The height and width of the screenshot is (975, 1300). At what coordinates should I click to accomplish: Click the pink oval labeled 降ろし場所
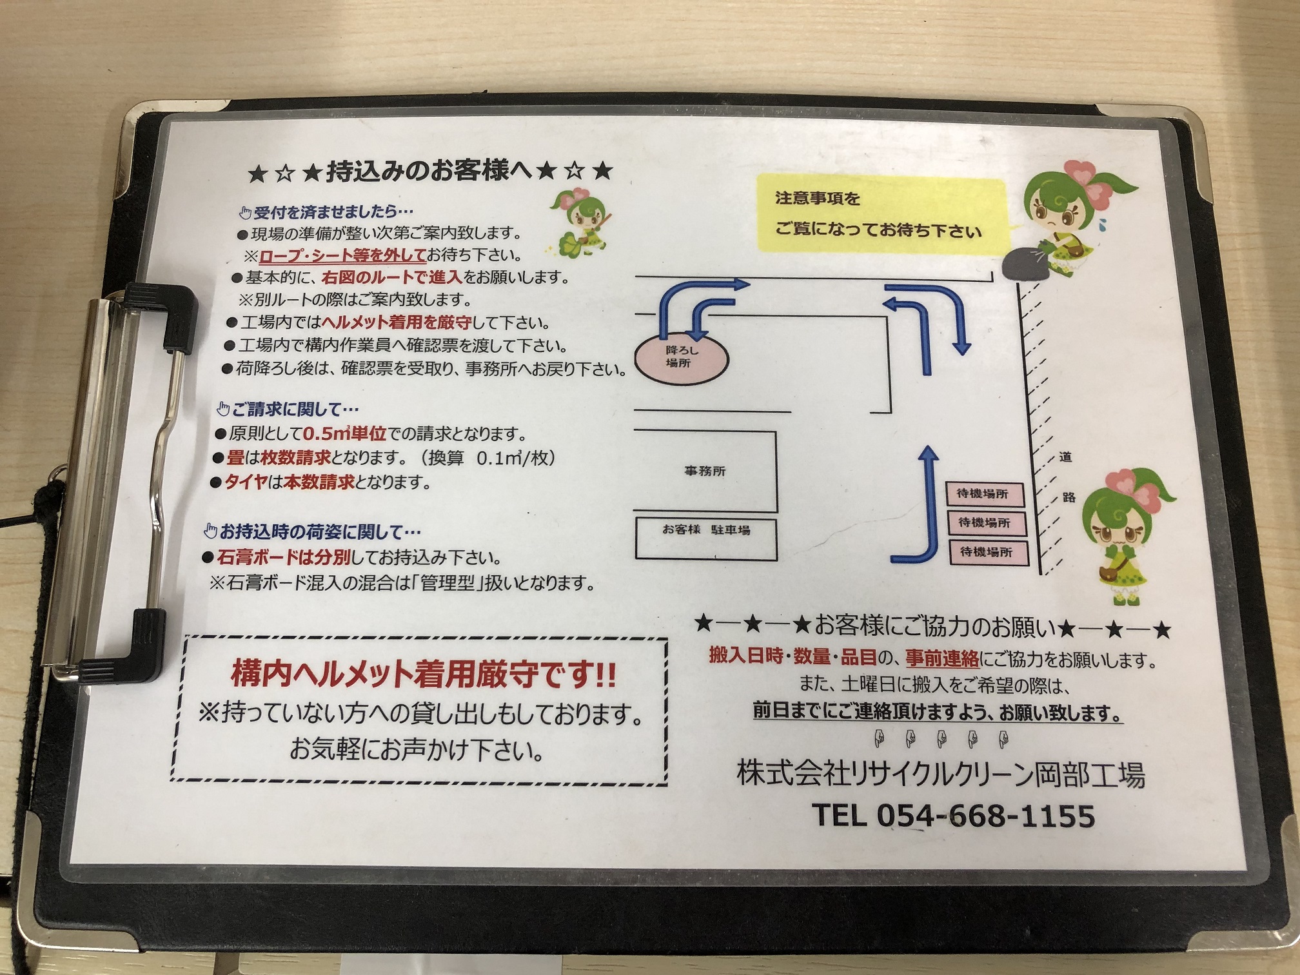pyautogui.click(x=682, y=357)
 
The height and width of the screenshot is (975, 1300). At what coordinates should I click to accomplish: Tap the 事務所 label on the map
pyautogui.click(x=705, y=471)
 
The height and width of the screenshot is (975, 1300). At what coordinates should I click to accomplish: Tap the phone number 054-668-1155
pyautogui.click(x=985, y=816)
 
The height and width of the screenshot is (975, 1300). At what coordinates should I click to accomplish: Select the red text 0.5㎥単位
pyautogui.click(x=344, y=433)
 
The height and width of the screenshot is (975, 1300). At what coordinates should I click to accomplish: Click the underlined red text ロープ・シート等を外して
pyautogui.click(x=342, y=255)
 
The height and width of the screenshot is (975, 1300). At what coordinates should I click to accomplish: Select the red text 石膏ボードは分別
pyautogui.click(x=284, y=557)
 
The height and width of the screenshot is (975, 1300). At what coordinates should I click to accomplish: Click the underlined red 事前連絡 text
pyautogui.click(x=941, y=658)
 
